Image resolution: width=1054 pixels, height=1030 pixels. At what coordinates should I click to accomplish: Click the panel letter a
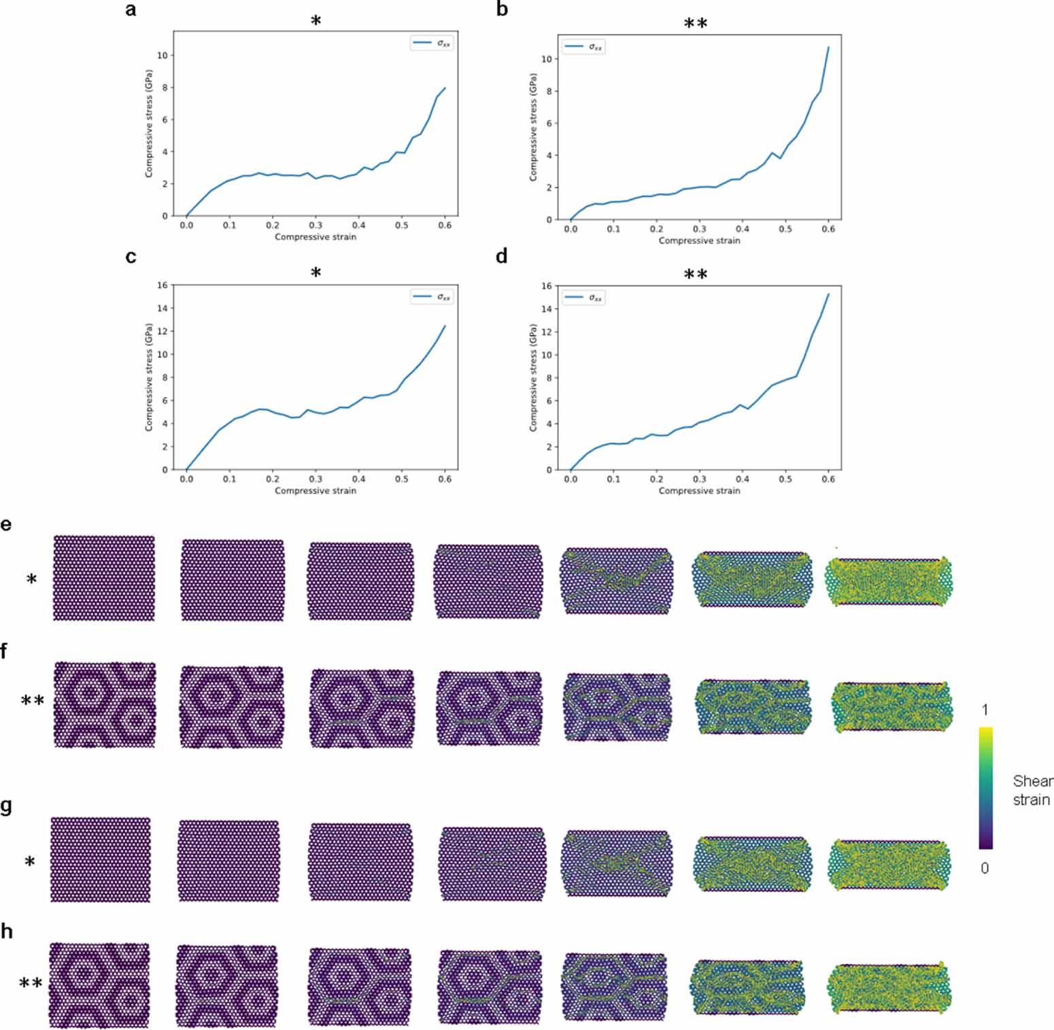(131, 10)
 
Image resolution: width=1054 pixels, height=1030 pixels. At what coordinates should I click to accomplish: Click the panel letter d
(502, 257)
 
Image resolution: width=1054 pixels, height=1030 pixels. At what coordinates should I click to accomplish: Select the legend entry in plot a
(432, 44)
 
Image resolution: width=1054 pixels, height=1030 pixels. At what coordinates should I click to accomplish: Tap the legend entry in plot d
(584, 298)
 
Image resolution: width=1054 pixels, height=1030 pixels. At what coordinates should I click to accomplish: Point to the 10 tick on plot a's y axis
(162, 56)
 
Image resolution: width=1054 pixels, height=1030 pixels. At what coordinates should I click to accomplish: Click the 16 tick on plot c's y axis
(162, 286)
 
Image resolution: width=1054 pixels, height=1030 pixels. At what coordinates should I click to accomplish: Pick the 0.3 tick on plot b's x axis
(699, 229)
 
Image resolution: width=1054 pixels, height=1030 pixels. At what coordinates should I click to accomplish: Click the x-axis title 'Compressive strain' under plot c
(316, 490)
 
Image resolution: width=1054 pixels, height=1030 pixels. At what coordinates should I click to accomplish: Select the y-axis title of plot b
(533, 126)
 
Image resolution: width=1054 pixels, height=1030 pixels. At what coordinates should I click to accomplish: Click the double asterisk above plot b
(696, 24)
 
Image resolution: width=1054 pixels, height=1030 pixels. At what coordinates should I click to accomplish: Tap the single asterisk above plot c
(316, 273)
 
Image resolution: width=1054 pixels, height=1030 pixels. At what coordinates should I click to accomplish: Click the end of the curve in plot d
(828, 294)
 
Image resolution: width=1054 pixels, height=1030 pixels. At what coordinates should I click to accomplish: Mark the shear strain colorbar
(985, 788)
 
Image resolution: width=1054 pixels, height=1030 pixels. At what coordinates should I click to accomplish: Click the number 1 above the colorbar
(985, 710)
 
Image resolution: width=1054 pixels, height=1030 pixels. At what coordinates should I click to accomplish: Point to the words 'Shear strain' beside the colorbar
(1032, 790)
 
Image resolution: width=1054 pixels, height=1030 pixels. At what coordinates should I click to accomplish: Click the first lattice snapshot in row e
(104, 578)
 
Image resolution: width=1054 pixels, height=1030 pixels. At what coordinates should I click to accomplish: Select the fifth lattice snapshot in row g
(616, 863)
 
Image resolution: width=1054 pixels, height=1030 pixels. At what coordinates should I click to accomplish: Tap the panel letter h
(7, 931)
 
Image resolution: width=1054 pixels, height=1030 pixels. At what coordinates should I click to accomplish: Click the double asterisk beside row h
(31, 983)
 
